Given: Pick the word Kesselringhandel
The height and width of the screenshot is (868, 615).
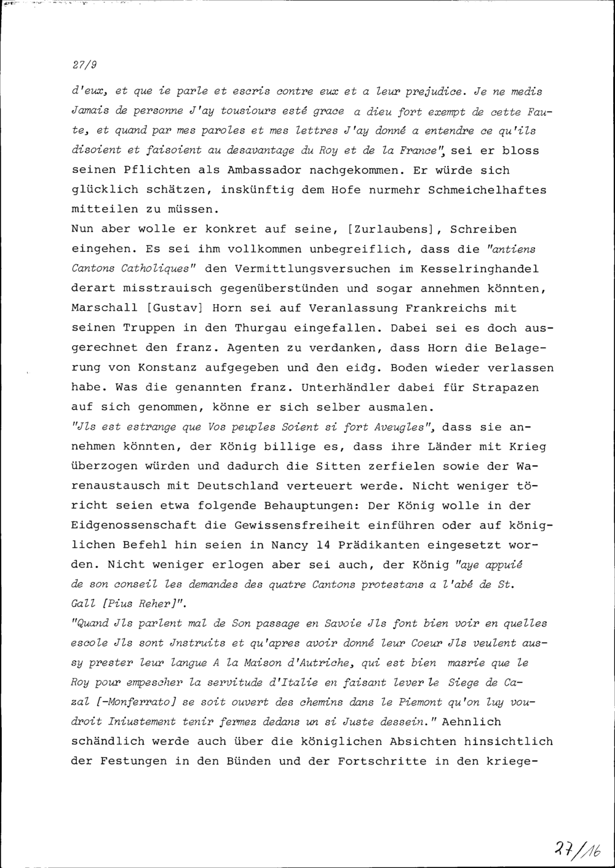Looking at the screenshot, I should [480, 268].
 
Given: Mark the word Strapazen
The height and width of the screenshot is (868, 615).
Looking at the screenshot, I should [506, 387].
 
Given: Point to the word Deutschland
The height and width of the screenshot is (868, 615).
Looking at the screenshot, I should [238, 486].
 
